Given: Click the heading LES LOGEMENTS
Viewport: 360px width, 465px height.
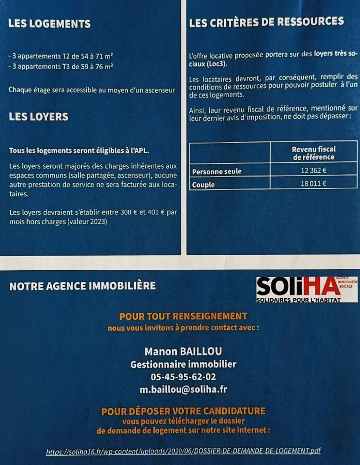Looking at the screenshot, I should (49, 24).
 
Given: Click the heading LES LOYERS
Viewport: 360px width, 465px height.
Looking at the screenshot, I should (38, 117).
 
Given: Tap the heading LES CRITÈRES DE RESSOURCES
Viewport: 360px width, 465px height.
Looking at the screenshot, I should (266, 22).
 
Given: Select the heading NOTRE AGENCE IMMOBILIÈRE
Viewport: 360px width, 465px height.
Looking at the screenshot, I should (82, 286).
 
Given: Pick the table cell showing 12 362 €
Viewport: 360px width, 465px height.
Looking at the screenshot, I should (314, 170).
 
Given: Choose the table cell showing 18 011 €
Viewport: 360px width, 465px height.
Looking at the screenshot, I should (314, 184).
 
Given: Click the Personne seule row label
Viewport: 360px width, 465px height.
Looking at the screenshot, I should (217, 171).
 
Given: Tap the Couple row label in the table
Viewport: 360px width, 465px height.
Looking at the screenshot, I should (203, 185).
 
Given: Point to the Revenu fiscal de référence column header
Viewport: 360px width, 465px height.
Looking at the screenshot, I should (314, 153).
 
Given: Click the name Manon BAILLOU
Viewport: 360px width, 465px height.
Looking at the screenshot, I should (183, 351).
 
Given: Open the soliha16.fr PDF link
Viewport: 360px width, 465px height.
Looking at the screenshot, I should (183, 451).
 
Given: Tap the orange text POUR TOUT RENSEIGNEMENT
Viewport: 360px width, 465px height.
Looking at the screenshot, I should (183, 316).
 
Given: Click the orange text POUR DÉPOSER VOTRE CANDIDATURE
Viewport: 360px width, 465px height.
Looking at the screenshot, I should (183, 411).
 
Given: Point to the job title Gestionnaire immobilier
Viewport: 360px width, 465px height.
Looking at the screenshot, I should (183, 364).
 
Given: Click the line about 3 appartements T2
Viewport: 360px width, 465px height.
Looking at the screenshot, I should (61, 56).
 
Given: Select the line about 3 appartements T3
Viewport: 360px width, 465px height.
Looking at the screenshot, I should (61, 66).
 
